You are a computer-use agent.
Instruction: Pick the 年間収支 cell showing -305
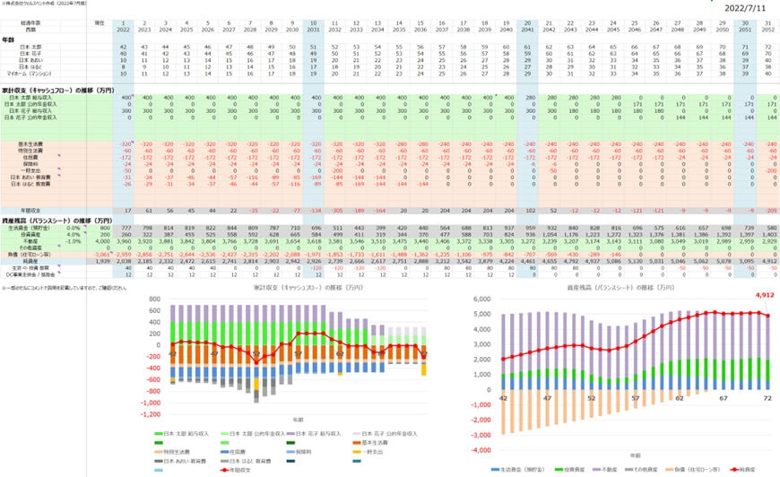click(x=335, y=208)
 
